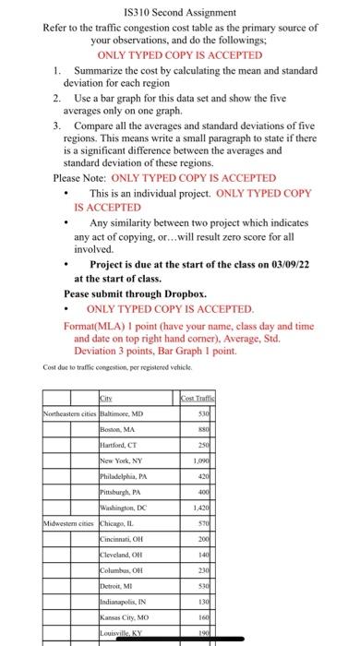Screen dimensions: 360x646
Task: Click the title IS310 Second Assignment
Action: tap(179, 13)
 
